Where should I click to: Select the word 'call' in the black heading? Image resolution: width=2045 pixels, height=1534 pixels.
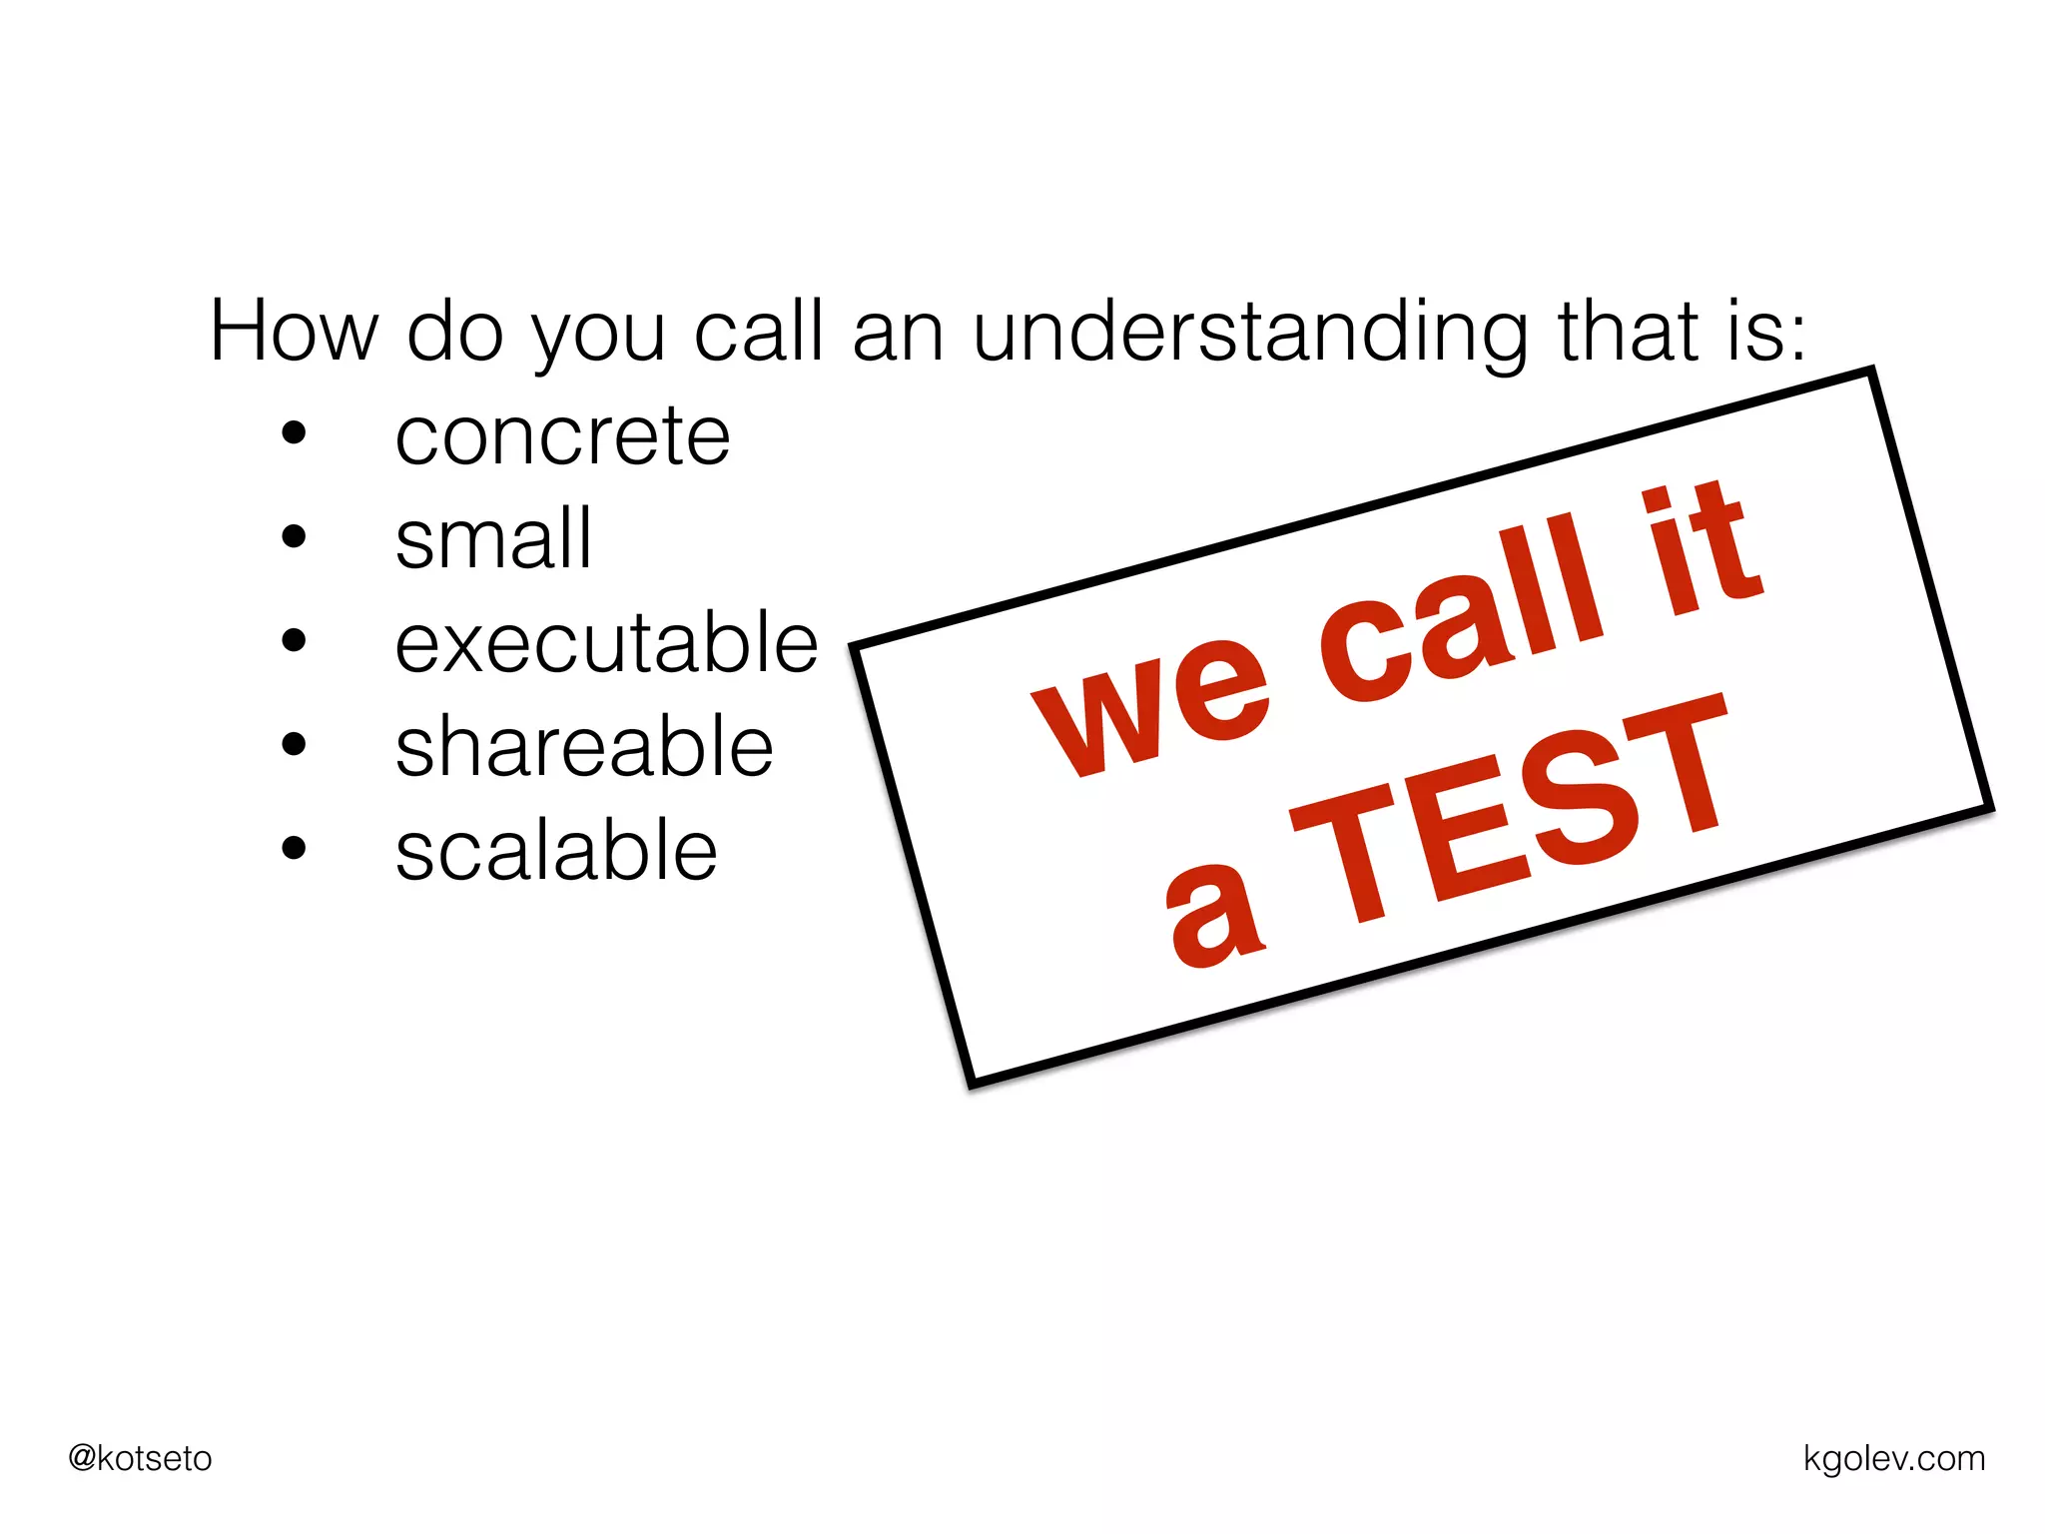759,332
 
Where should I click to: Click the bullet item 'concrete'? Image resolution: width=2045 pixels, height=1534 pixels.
562,437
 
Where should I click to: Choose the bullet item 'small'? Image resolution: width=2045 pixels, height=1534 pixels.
493,539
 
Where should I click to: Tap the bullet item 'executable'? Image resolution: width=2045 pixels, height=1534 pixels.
606,643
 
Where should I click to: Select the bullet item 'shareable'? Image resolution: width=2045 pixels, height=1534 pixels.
584,747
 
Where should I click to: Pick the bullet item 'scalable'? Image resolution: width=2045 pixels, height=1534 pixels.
556,851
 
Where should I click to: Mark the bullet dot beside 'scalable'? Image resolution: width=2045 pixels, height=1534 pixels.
294,849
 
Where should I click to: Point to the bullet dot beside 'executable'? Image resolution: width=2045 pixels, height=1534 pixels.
294,641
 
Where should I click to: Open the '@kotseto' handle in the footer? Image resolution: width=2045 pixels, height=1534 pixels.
140,1459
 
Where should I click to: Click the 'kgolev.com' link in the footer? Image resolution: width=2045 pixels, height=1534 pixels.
1893,1459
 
